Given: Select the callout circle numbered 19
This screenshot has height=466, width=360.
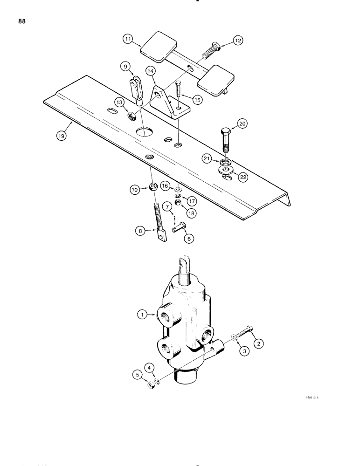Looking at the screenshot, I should [61, 136].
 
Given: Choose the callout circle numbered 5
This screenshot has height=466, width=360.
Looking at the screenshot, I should [137, 386].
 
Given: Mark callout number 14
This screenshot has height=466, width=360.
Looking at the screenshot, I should [150, 71].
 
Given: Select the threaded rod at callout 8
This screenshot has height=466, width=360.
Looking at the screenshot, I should [158, 219].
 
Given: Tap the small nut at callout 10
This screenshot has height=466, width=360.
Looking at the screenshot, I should [152, 188].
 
